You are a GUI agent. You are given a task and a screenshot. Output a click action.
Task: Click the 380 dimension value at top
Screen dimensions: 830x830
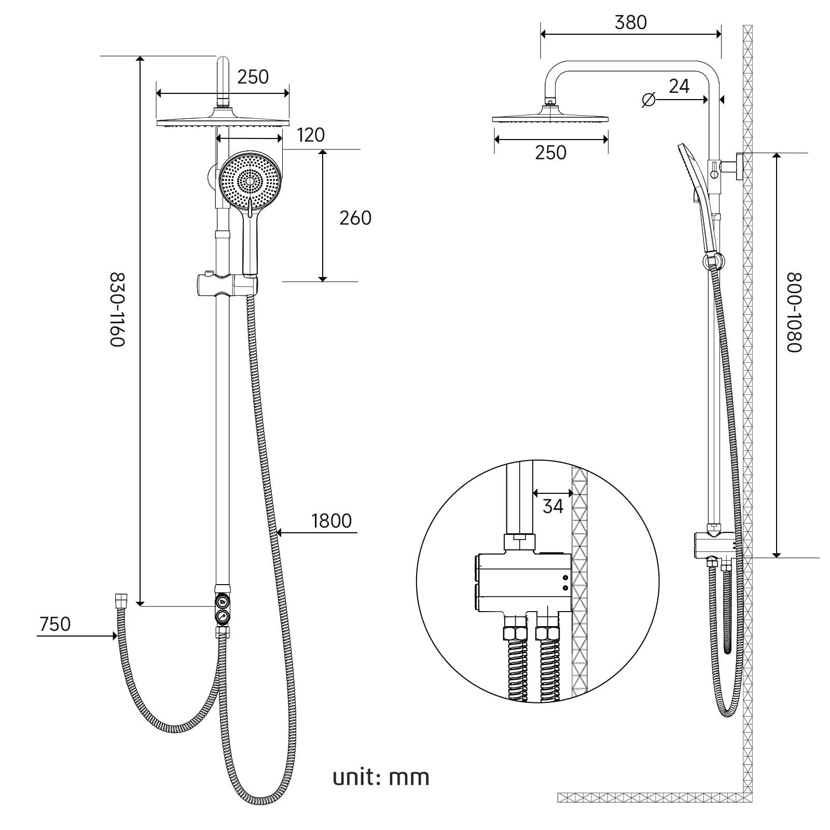tap(630, 23)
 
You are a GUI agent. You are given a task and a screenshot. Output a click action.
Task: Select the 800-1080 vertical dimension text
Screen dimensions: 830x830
tap(794, 312)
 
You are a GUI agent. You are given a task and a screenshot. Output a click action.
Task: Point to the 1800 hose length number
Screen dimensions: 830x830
tap(331, 521)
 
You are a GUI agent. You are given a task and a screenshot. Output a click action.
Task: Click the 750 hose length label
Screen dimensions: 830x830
tap(55, 624)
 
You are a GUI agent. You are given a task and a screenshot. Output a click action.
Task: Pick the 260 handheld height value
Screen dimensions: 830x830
tap(355, 218)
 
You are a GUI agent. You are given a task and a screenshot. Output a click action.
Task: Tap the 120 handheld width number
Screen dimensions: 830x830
tap(311, 135)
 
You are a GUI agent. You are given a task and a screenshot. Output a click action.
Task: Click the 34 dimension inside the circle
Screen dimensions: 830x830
tap(552, 506)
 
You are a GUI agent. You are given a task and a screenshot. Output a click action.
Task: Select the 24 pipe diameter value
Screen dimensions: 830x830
tap(679, 86)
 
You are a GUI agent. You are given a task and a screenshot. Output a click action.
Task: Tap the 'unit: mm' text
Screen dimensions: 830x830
tap(381, 777)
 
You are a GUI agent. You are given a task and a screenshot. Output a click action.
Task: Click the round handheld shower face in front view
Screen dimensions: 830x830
tap(251, 180)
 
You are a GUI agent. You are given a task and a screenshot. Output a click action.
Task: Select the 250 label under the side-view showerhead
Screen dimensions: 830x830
tap(550, 153)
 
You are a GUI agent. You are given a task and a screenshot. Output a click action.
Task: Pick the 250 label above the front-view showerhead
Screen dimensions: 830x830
tap(253, 77)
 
